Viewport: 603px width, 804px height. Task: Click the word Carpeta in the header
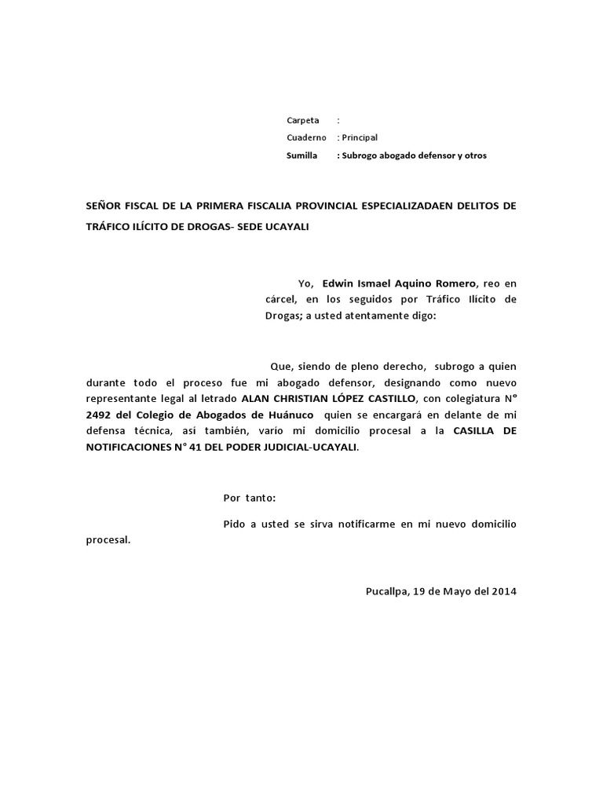303,120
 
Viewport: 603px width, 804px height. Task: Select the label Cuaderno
306,137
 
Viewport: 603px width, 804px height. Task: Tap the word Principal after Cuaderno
359,137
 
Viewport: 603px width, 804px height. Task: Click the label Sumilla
301,155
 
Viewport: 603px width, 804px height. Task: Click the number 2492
99,415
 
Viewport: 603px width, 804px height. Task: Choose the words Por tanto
250,498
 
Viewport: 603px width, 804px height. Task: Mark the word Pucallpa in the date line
387,592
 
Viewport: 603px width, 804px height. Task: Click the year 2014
503,592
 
